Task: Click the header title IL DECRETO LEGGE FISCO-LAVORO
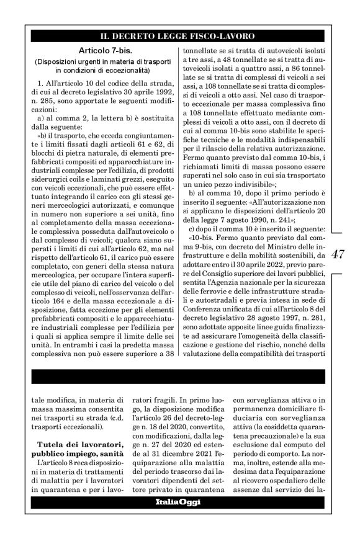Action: click(180, 36)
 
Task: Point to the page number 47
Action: click(340, 254)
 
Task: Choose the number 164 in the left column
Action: click(53, 294)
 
